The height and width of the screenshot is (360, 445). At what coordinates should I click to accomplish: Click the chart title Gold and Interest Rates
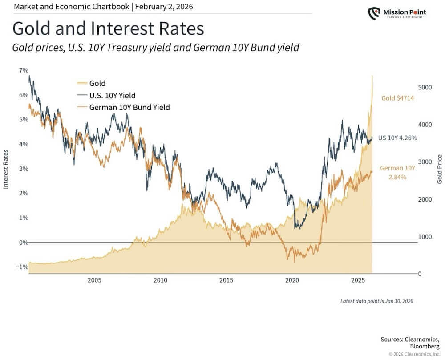coord(108,28)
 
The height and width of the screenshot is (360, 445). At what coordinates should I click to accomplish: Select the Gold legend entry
coord(97,83)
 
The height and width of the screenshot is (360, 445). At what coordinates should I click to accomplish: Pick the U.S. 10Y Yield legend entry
coord(112,95)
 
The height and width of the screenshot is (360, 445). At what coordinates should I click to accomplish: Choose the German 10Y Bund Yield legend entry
coord(129,107)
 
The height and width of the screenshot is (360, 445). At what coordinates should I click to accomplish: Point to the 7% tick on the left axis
coord(23,70)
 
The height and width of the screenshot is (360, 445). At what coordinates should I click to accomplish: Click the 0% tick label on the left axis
coord(23,243)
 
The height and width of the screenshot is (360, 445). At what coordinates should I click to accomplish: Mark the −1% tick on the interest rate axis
coord(22,267)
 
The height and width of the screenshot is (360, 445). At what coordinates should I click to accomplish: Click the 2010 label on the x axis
coord(160,281)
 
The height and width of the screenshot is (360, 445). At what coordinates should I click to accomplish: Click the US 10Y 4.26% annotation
coord(397,138)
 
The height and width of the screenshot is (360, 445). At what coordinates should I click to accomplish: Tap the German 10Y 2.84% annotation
coord(397,173)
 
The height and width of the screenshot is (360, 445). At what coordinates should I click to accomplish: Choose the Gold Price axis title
coord(440,169)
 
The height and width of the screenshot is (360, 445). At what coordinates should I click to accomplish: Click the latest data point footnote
coord(376,301)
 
